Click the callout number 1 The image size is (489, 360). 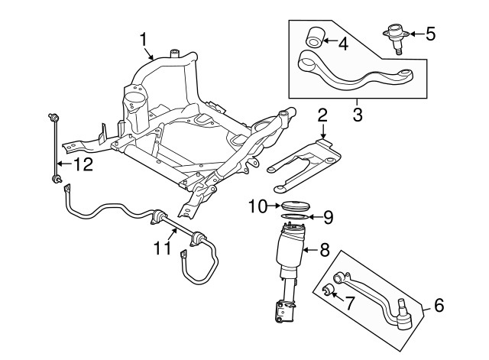pyautogui.click(x=143, y=37)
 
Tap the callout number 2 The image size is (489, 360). pyautogui.click(x=322, y=116)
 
